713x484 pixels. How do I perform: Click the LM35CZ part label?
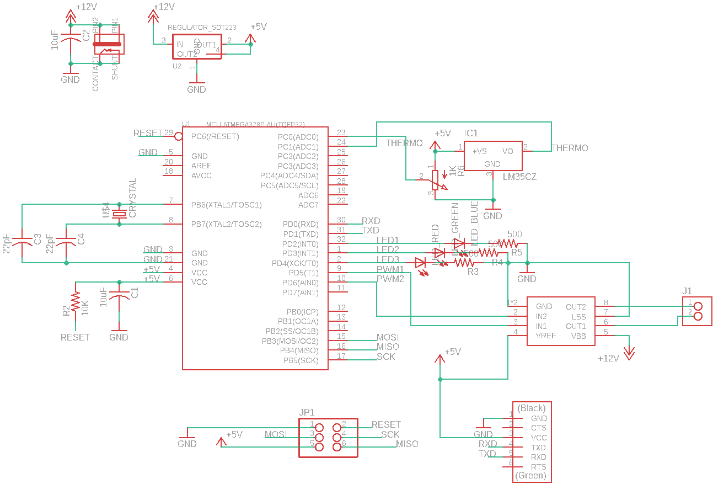[519, 177]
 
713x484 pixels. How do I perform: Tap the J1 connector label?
[687, 291]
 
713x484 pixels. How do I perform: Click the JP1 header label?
[307, 412]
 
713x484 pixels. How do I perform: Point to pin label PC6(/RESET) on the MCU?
[215, 136]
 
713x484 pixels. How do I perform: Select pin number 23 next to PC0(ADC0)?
[341, 133]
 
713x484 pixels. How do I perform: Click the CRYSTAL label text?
[132, 198]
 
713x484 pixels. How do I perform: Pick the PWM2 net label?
[390, 279]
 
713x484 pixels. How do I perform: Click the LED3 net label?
[388, 259]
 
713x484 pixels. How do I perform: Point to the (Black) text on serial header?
[532, 408]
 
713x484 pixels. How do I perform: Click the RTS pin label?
[539, 467]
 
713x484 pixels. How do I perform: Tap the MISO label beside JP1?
[407, 444]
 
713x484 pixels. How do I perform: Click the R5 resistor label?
[516, 252]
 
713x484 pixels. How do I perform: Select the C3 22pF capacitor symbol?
[22, 241]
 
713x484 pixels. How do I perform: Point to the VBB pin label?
[578, 336]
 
